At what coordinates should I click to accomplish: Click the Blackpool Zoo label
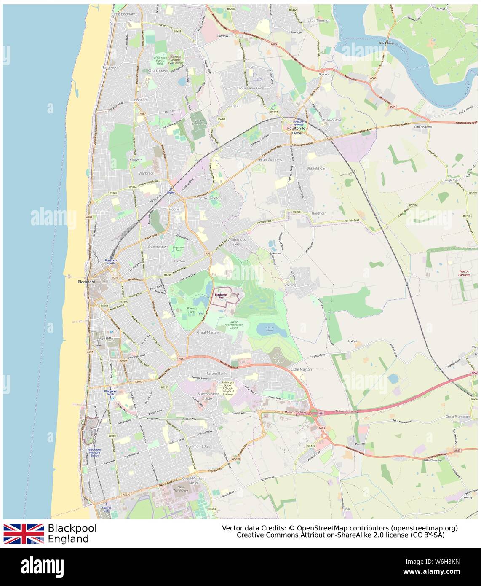click(x=221, y=296)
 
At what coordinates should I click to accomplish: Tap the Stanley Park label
click(x=192, y=310)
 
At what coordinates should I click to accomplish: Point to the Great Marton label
click(x=208, y=332)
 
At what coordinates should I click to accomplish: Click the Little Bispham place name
click(x=123, y=14)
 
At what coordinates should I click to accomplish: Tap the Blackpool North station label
click(x=110, y=262)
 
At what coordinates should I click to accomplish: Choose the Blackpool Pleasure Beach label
click(x=94, y=452)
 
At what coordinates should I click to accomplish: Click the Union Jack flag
click(x=24, y=533)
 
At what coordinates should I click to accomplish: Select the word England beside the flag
click(x=68, y=539)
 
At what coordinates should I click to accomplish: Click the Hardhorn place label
click(x=319, y=213)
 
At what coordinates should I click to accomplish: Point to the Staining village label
click(x=290, y=285)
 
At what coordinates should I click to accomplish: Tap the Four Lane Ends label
click(x=251, y=88)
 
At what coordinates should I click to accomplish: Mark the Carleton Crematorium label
click(x=200, y=122)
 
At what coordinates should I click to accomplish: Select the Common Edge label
click(x=198, y=446)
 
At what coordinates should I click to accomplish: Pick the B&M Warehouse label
click(x=180, y=489)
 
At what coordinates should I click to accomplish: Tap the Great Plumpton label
click(x=457, y=417)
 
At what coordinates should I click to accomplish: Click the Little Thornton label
click(x=319, y=20)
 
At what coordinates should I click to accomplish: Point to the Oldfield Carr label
click(x=316, y=168)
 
